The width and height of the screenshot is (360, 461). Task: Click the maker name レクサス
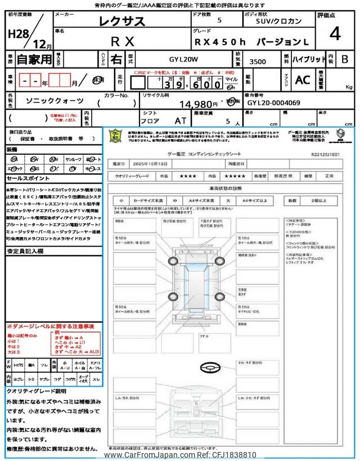click(x=122, y=22)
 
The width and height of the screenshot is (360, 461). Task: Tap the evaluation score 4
click(x=335, y=33)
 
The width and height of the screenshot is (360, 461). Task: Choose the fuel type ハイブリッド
click(x=308, y=59)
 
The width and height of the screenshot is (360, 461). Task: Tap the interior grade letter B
click(x=344, y=59)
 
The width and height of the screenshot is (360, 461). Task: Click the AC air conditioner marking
click(x=303, y=80)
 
